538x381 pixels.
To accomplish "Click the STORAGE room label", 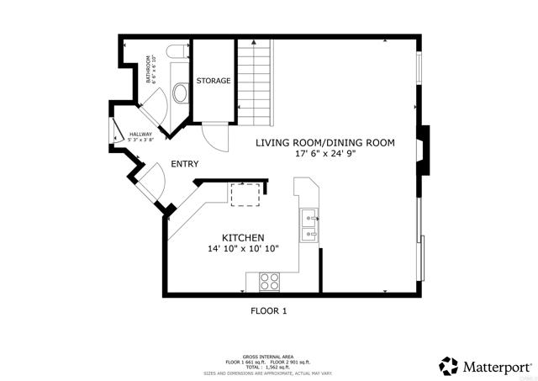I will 213,81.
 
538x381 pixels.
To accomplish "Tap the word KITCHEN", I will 244,237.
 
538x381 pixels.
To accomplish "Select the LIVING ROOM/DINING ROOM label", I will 325,143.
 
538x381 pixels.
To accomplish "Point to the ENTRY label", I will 185,164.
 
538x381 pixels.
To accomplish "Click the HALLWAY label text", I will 140,133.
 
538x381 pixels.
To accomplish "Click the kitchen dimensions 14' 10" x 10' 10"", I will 244,249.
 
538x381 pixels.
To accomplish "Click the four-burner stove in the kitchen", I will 269,282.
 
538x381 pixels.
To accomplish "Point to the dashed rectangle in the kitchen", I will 246,194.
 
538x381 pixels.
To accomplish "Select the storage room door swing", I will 214,136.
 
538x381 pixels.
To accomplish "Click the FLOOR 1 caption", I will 269,310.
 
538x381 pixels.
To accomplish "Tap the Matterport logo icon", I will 449,365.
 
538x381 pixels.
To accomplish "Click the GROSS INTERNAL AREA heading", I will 268,357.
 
